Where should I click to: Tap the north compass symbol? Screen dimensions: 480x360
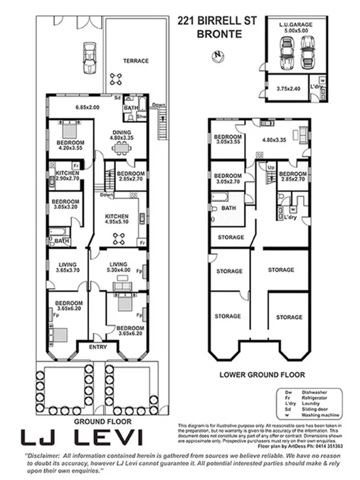coord(217,55)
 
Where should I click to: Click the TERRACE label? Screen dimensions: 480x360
coord(137,61)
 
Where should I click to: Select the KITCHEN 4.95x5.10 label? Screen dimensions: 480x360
coord(116,218)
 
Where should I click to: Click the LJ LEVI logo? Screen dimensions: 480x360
coord(83,437)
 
